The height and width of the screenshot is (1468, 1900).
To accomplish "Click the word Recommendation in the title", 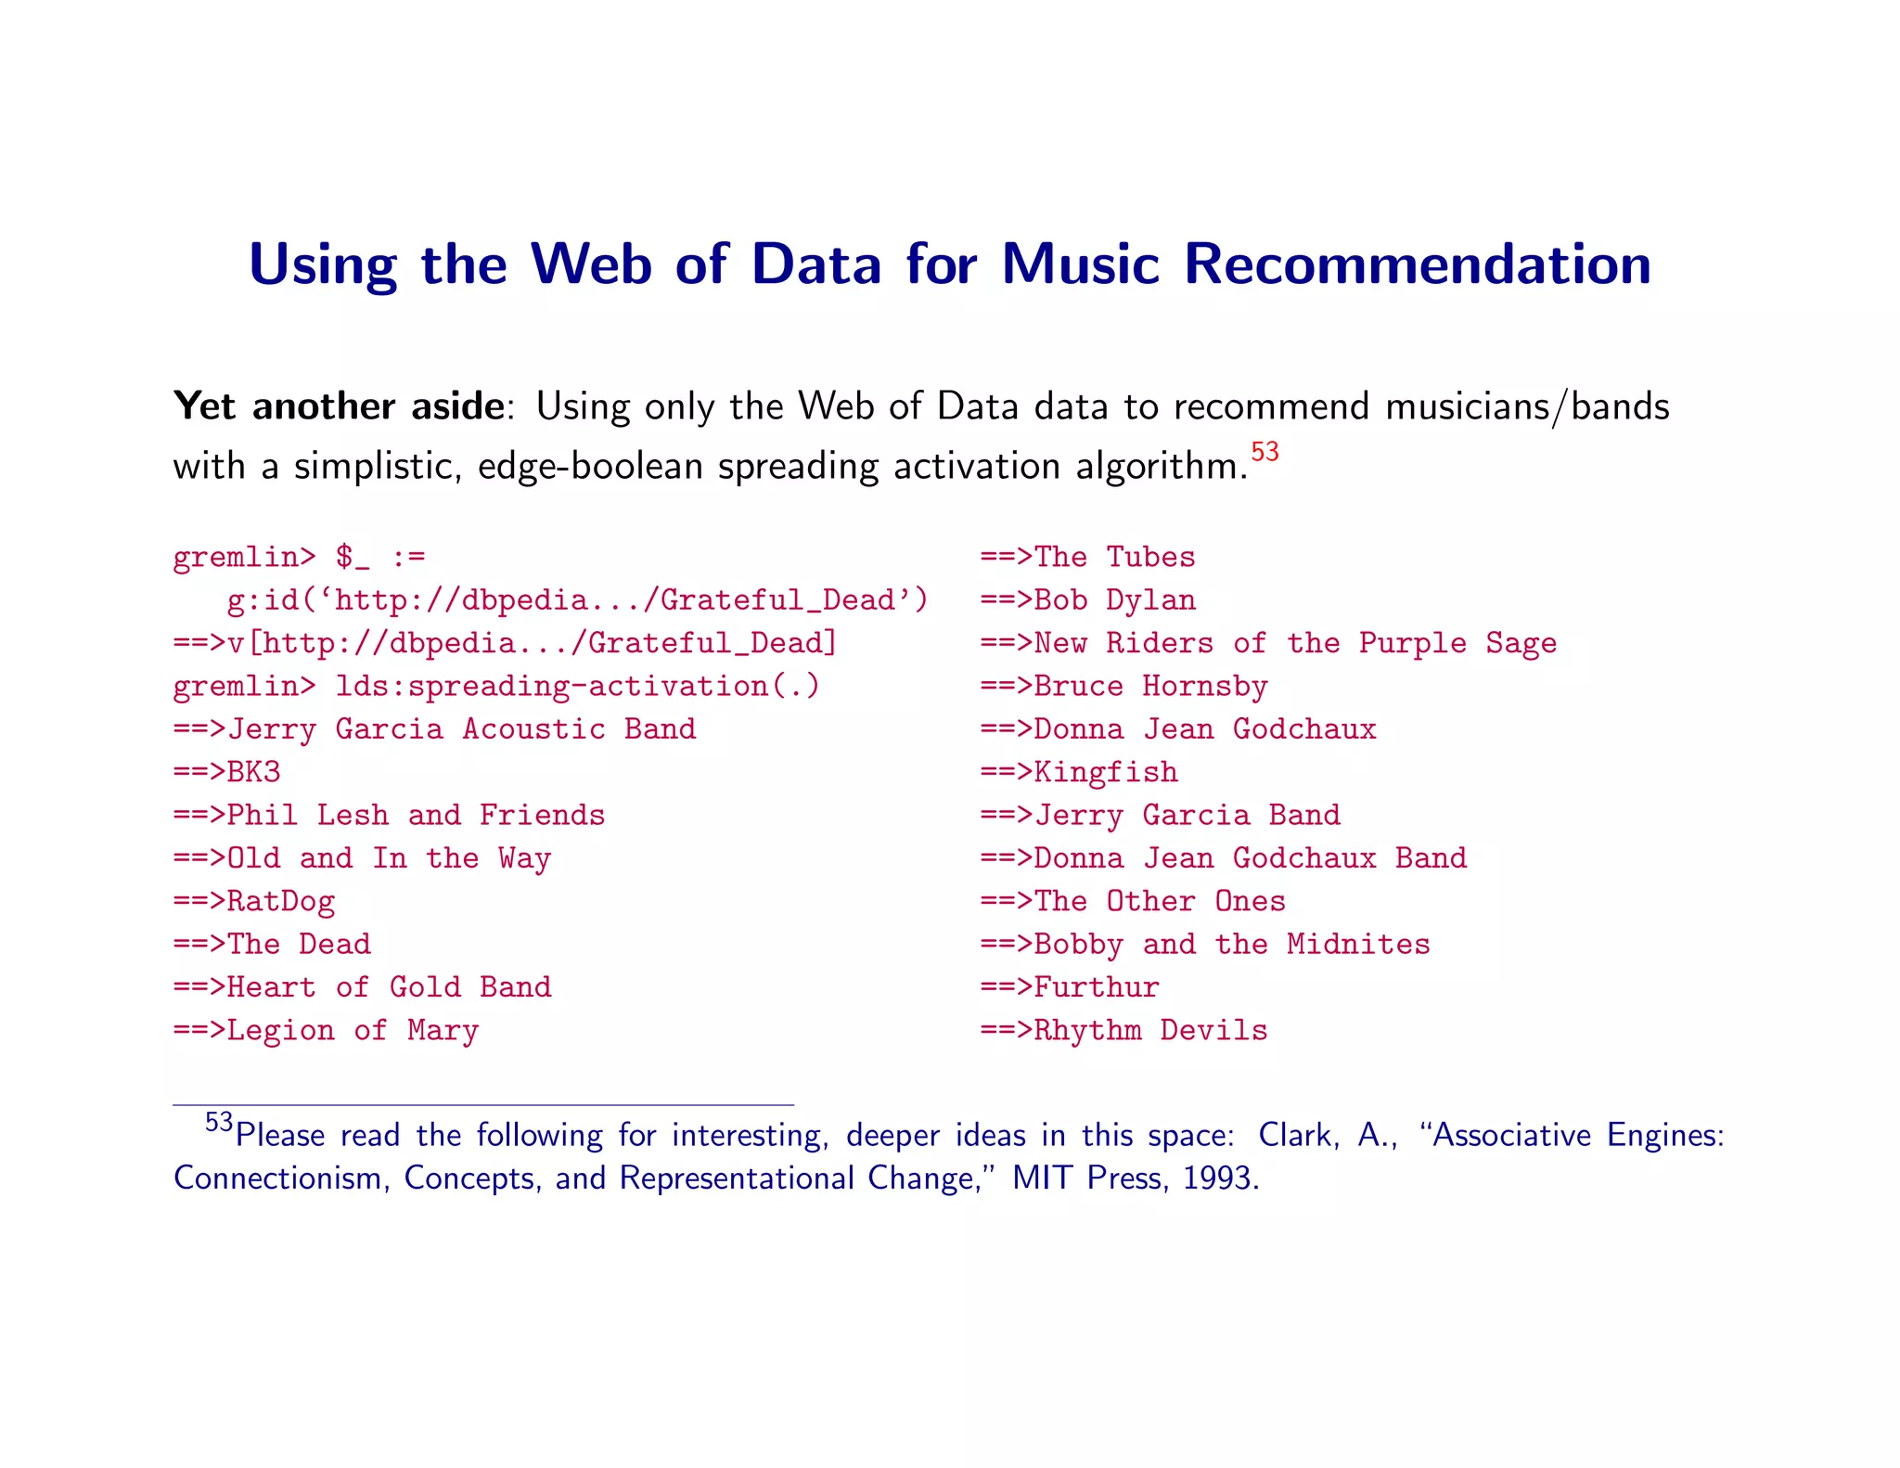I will pos(1418,264).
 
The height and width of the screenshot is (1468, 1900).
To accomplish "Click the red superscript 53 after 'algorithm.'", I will pos(1265,452).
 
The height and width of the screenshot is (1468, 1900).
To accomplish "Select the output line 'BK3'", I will pos(253,772).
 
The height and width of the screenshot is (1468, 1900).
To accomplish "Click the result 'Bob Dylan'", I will pos(1114,600).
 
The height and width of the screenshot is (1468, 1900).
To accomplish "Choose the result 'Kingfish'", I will pos(1105,772).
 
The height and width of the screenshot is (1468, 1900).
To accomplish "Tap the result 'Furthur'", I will pos(1096,987).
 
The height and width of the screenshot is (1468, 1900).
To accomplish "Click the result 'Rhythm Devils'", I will pos(1149,1031).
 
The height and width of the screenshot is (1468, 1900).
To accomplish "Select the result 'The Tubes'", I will pos(1114,557).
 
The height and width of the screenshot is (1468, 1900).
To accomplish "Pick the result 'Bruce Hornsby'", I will pos(1149,687).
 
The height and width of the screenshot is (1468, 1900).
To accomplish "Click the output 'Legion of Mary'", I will pos(353,1031).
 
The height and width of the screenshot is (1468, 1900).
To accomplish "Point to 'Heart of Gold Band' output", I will pos(389,987).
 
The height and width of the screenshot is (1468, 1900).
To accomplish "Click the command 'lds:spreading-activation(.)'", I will pos(577,687).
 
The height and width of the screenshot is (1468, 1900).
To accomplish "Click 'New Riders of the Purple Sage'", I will pos(1294,643).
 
